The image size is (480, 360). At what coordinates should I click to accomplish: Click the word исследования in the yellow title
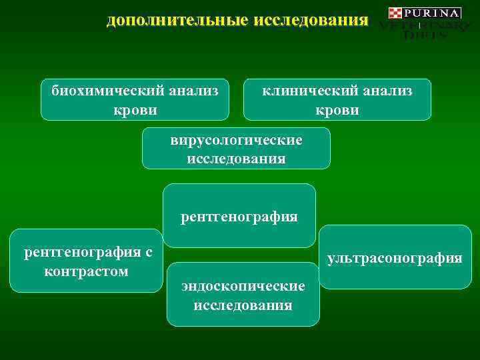click(x=311, y=21)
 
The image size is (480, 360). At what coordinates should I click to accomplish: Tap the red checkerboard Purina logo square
click(x=395, y=13)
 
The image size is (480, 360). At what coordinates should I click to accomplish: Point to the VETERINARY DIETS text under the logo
click(x=424, y=30)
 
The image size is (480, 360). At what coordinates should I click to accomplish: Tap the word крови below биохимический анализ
click(x=135, y=109)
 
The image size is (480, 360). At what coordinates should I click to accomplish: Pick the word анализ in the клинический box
click(x=386, y=91)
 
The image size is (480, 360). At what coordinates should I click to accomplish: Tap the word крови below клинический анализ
click(x=337, y=109)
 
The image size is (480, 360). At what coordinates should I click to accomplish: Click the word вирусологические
click(x=236, y=141)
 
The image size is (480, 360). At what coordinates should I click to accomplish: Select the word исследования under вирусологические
click(x=236, y=159)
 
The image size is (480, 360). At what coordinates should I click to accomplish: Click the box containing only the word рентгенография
click(x=239, y=217)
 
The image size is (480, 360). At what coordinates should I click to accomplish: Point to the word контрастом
click(x=86, y=271)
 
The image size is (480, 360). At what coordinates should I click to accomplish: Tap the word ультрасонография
click(x=395, y=258)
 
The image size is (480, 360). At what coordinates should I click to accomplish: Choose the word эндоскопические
click(x=243, y=287)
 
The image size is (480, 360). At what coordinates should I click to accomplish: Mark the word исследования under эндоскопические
click(x=243, y=305)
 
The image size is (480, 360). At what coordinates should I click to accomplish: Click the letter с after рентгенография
click(x=148, y=253)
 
